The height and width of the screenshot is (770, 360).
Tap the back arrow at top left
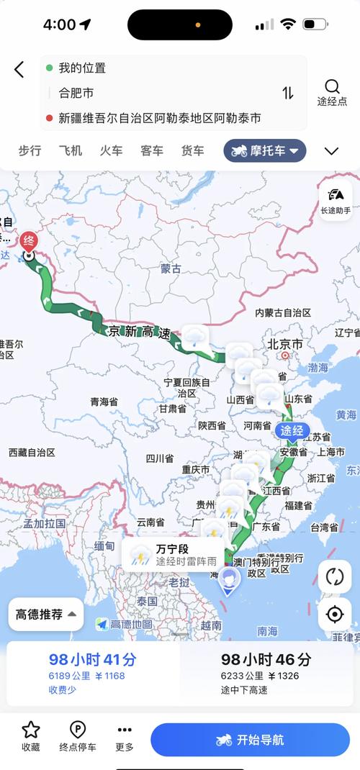(19, 69)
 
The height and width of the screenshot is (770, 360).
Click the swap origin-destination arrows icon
(287, 93)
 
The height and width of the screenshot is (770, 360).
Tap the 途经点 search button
(332, 92)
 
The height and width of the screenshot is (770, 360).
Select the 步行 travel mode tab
(30, 150)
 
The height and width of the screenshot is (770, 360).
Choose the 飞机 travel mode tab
(71, 150)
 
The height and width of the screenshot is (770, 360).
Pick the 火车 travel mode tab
(111, 150)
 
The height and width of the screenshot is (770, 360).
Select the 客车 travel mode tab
(152, 150)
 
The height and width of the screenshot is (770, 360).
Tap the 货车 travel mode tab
(192, 150)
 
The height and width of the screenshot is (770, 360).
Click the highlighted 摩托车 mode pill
(265, 150)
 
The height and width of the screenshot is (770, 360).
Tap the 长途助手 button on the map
(336, 199)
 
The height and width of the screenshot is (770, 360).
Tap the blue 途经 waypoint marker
(292, 431)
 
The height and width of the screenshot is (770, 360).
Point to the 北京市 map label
(285, 345)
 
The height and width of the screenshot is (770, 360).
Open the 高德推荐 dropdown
(46, 614)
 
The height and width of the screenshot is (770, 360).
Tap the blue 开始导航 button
(250, 740)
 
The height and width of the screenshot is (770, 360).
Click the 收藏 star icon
(31, 730)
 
